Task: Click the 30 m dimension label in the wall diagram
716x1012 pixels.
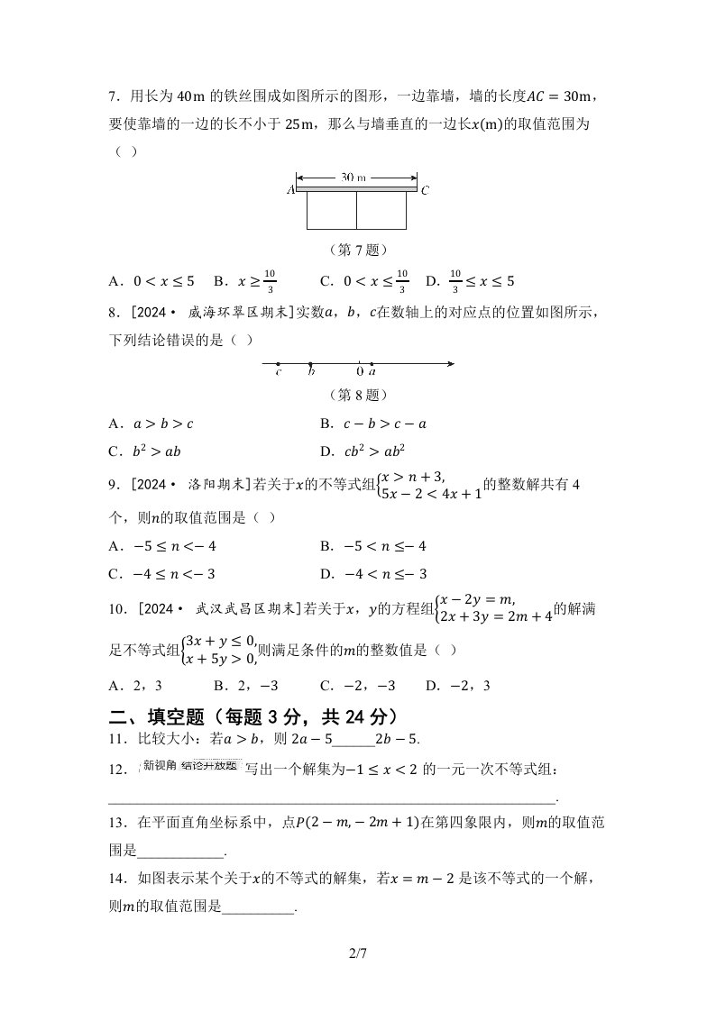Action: pyautogui.click(x=357, y=178)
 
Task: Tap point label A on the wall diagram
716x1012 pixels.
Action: pyautogui.click(x=290, y=190)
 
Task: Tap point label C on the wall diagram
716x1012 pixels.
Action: pyautogui.click(x=425, y=190)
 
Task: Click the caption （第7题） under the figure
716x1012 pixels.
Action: pyautogui.click(x=357, y=250)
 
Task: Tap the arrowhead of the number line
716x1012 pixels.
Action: pyautogui.click(x=448, y=364)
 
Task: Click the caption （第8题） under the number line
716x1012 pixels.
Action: pyautogui.click(x=357, y=395)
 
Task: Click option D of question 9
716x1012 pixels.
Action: pyautogui.click(x=373, y=574)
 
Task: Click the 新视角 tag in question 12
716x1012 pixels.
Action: pyautogui.click(x=160, y=766)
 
